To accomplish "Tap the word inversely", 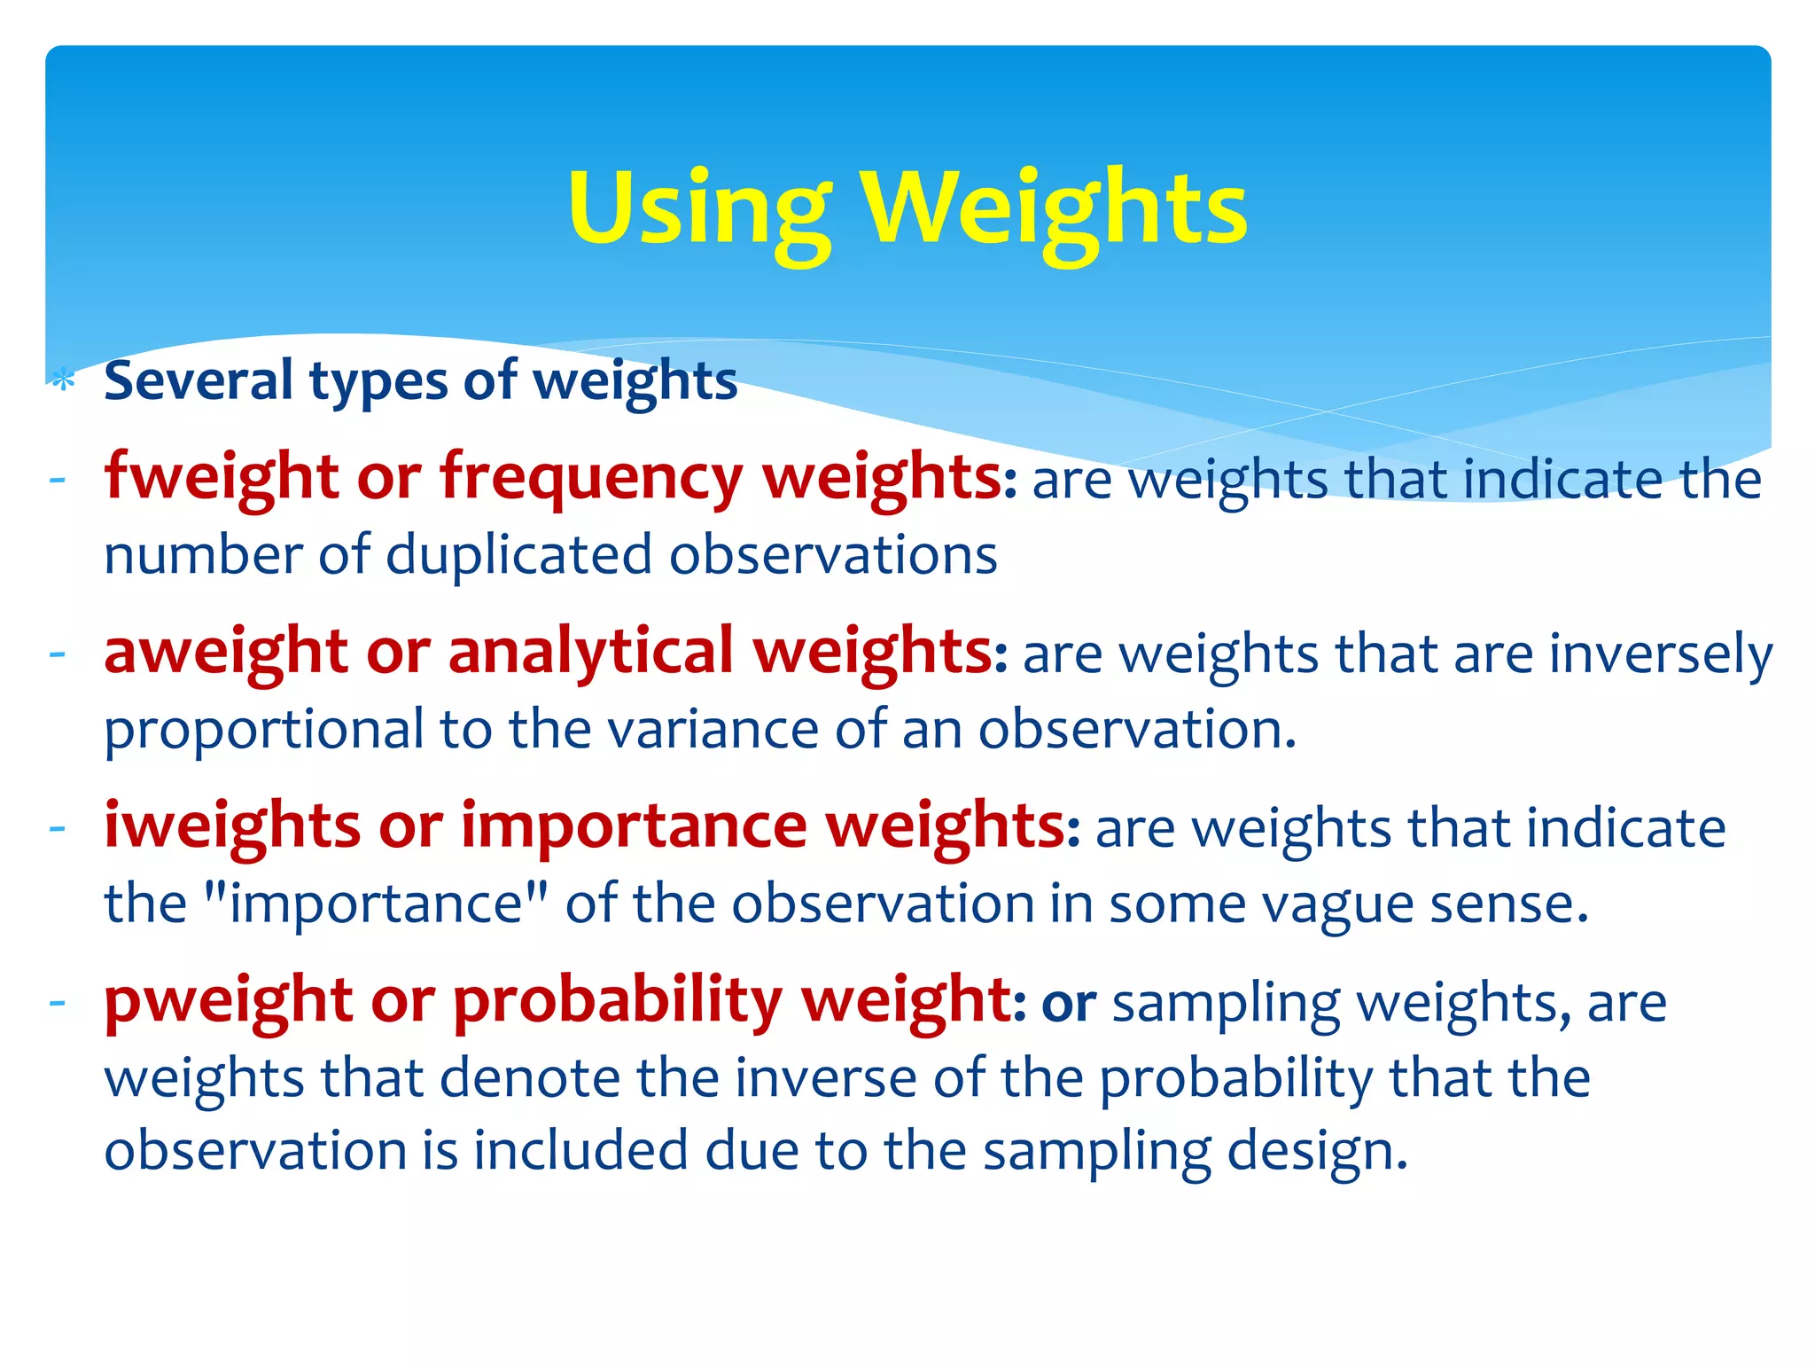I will [1661, 655].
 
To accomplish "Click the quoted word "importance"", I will [376, 904].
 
